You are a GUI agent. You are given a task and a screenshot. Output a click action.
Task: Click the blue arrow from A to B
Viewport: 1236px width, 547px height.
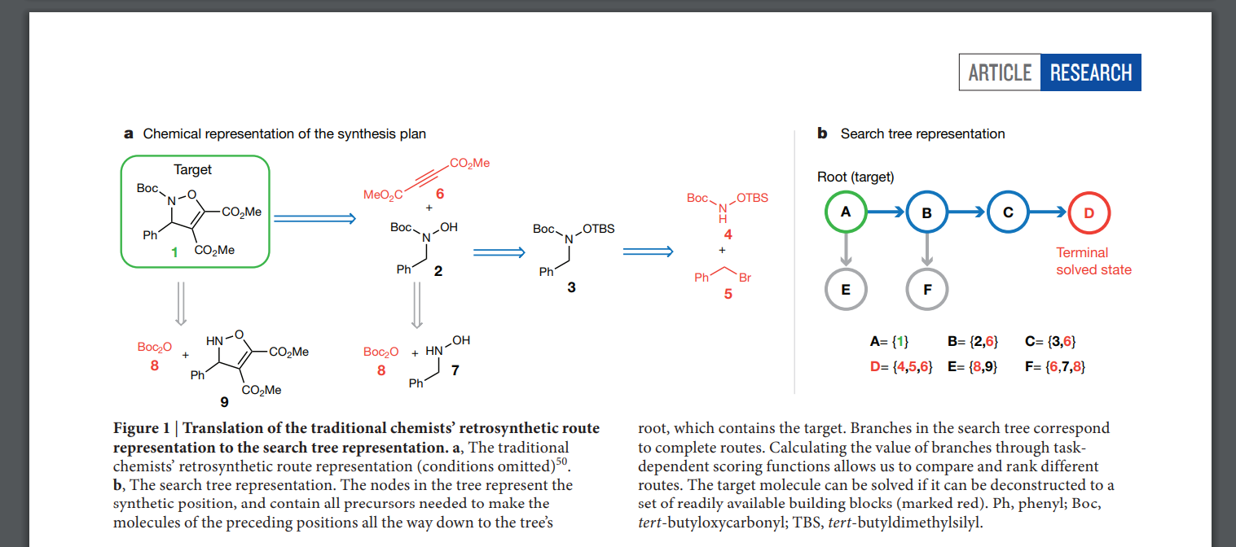(886, 212)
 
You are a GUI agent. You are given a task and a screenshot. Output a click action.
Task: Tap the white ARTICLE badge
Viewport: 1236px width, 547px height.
(1000, 72)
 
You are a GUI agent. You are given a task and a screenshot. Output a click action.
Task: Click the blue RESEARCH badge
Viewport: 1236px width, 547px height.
(1091, 72)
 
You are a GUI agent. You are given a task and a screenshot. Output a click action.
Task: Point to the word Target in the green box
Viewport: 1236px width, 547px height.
(192, 169)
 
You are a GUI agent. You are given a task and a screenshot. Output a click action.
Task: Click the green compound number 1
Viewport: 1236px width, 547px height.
(174, 252)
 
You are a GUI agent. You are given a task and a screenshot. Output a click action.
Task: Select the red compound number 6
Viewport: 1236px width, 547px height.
(440, 194)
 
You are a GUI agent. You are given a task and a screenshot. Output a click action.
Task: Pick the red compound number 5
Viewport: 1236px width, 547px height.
(728, 294)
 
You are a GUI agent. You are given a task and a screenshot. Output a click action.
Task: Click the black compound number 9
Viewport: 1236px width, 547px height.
(224, 402)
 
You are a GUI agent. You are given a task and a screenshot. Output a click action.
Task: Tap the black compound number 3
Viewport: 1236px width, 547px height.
(572, 287)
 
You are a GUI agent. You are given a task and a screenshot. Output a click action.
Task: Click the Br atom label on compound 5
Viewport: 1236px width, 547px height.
(745, 278)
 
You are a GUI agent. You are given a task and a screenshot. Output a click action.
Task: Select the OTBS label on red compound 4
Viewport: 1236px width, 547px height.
(752, 198)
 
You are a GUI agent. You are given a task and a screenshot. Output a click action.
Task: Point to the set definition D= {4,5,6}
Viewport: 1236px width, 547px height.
(901, 366)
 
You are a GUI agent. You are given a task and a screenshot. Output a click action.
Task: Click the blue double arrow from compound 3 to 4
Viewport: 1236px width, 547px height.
(649, 252)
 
